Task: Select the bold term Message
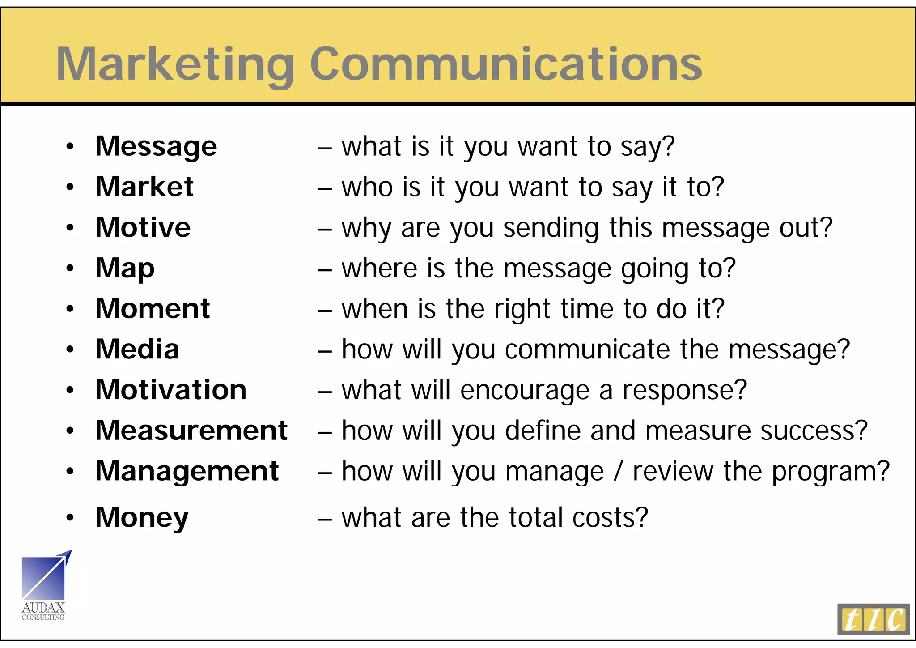(156, 146)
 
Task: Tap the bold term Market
(144, 187)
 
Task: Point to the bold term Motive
(143, 227)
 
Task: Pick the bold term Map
(125, 269)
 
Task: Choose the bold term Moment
(153, 308)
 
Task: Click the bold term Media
(137, 349)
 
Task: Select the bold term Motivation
(171, 390)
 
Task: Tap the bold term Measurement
(191, 431)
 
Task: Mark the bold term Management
(187, 471)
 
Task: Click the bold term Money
(142, 518)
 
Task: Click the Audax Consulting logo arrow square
(44, 577)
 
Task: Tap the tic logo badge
(873, 619)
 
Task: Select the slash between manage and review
(618, 472)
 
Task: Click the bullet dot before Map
(70, 269)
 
